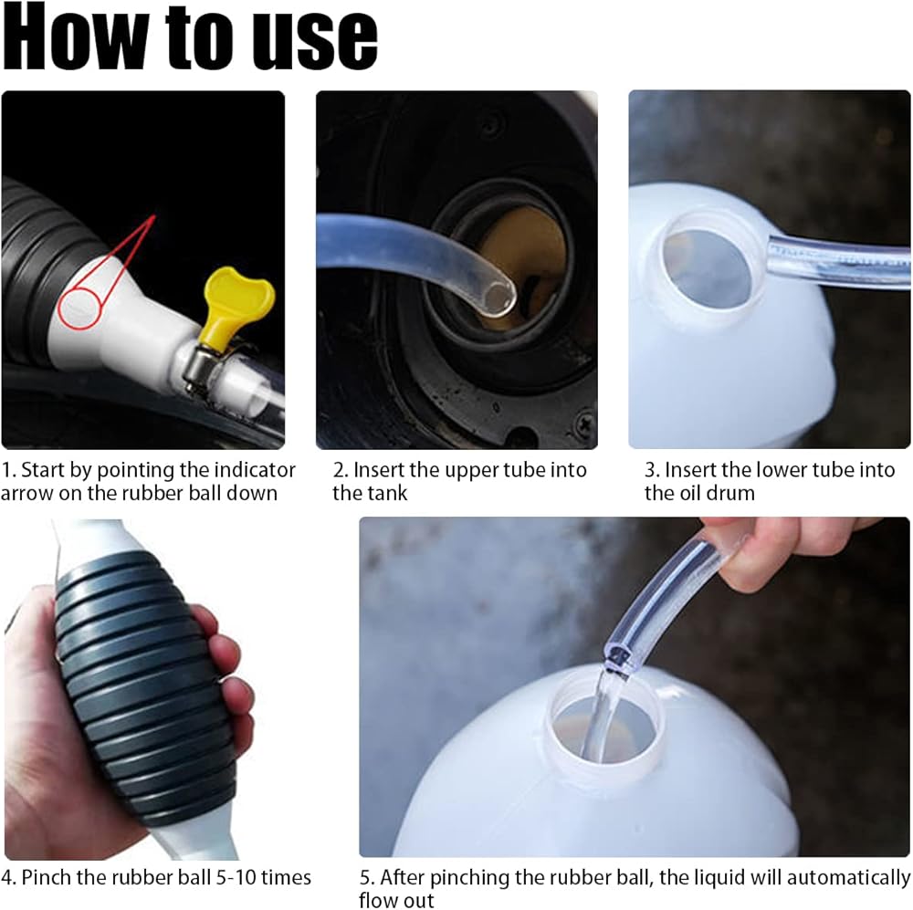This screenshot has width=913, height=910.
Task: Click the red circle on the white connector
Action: point(79,308)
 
